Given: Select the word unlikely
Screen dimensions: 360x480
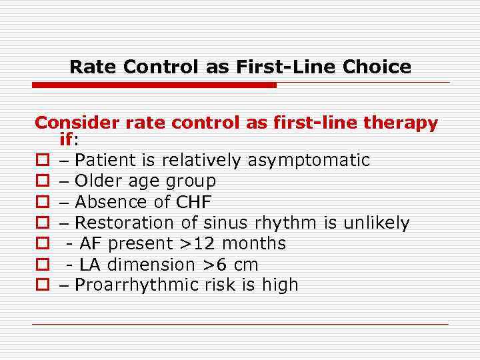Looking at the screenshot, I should coord(376,223).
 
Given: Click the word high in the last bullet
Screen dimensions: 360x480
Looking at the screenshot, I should coord(278,285).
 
